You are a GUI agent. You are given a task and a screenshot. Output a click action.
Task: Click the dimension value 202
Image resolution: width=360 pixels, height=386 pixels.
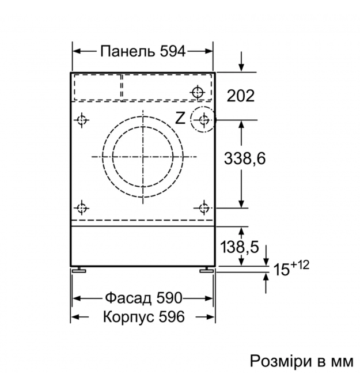tap(240, 96)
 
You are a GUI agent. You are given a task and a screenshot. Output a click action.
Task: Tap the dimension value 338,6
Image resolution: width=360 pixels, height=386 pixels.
tap(245, 158)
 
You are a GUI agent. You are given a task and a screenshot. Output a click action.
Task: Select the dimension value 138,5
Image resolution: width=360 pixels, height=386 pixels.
tap(240, 247)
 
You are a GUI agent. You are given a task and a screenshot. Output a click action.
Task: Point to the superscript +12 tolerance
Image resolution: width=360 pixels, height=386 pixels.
tap(300, 265)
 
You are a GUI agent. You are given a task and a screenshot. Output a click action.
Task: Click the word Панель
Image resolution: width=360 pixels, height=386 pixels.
tap(127, 51)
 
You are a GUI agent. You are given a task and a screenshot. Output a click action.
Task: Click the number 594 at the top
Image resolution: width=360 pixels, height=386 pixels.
tap(172, 51)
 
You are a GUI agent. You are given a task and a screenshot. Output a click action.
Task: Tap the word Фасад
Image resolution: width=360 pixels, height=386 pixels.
tap(128, 298)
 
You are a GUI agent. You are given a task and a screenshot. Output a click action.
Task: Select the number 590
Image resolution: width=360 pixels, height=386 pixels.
tap(169, 298)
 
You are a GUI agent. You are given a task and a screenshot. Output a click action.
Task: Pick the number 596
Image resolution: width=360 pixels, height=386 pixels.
tap(172, 316)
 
